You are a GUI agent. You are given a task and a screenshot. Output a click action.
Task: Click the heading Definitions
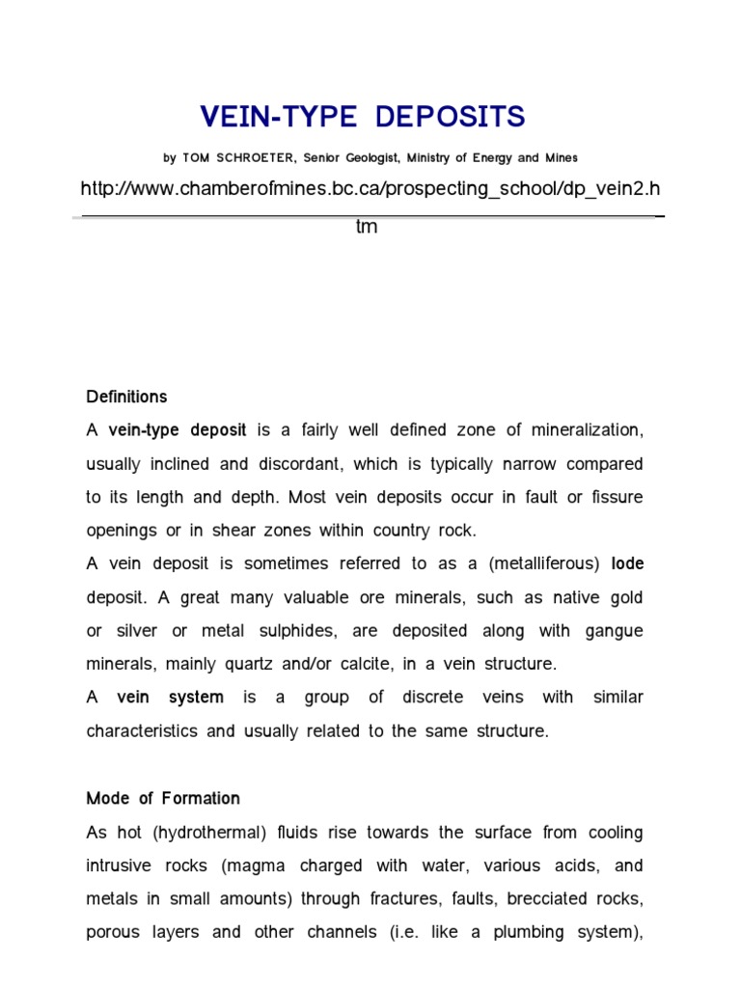(x=126, y=397)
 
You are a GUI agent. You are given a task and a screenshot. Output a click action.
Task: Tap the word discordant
(x=295, y=464)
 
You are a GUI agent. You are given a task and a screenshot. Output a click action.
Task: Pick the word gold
(x=624, y=598)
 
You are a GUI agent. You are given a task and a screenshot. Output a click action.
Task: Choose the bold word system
(x=197, y=698)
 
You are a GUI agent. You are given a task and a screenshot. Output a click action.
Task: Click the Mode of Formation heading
(x=163, y=798)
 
